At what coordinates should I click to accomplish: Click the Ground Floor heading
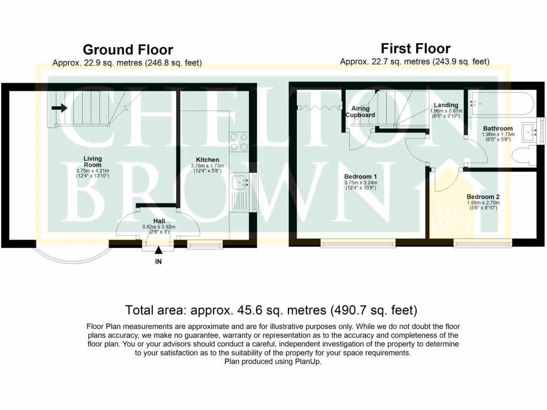point(128,50)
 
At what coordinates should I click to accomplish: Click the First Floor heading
point(416,49)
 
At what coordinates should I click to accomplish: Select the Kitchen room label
point(207,160)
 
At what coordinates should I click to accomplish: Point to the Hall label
point(159,220)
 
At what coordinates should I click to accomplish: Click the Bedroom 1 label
point(361,177)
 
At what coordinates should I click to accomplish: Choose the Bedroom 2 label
point(482,196)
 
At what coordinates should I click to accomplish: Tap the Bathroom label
point(497,129)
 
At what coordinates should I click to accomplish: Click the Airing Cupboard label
point(361,112)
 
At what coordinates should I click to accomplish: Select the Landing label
point(446,105)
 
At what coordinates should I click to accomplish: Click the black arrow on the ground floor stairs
point(59,108)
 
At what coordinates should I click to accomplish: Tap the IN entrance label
point(158,262)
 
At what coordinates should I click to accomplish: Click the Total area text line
point(271,310)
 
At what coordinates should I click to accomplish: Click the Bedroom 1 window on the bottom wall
point(358,243)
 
